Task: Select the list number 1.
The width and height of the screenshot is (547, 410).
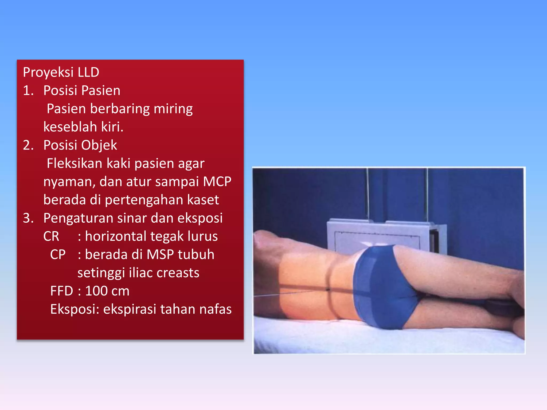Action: tap(28, 90)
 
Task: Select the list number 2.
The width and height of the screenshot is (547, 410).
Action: tap(28, 145)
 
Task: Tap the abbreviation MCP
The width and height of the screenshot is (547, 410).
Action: tap(217, 182)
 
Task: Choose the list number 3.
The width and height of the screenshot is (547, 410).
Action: tap(28, 218)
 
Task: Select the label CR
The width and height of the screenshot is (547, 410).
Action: tap(51, 236)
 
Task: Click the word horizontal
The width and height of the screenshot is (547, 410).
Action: tap(115, 236)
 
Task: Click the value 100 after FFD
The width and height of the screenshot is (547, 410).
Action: tap(96, 291)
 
